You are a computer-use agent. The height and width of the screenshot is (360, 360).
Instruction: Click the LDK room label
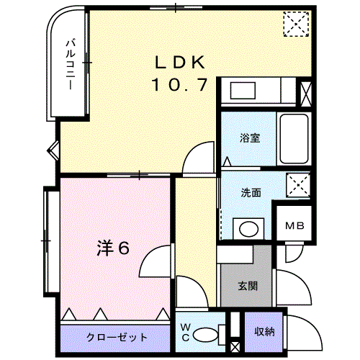tap(180, 62)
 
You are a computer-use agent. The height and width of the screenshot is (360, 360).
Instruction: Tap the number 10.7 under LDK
tap(180, 85)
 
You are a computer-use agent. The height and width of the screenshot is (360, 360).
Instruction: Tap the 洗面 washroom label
tap(250, 192)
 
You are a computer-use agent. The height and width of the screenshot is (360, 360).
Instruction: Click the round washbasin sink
tap(249, 229)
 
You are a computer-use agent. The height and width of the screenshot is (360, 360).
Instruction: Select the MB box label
tap(295, 226)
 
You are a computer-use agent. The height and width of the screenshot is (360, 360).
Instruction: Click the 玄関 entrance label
tap(247, 284)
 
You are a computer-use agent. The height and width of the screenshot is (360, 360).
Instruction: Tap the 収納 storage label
tap(264, 332)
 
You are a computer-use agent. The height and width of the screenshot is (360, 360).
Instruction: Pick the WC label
tap(184, 332)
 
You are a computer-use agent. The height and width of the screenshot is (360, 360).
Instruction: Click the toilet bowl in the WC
tap(209, 333)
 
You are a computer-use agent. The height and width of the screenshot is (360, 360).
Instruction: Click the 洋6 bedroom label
tap(114, 248)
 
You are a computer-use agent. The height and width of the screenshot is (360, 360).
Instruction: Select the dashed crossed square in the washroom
tap(296, 185)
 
